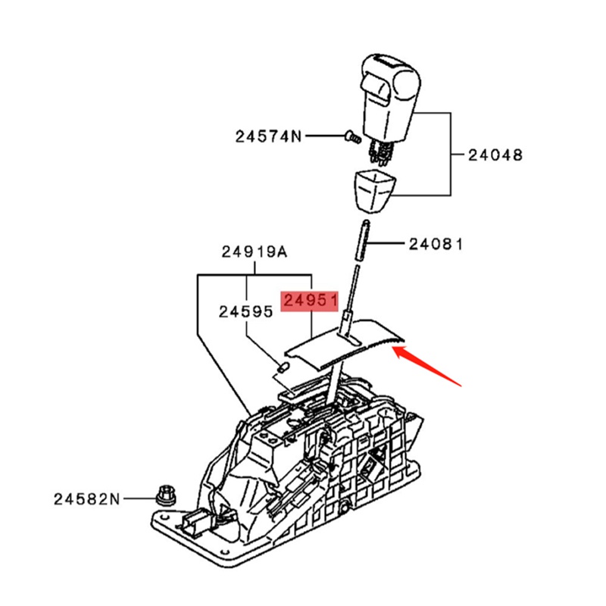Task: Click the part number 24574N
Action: click(267, 137)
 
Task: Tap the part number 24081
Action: click(436, 244)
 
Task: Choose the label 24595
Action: click(246, 311)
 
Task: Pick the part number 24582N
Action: click(86, 499)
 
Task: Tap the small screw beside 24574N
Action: click(351, 137)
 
